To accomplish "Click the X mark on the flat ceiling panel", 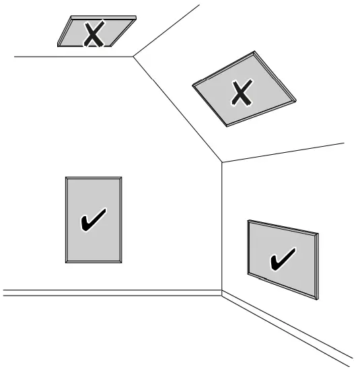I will pyautogui.click(x=93, y=34).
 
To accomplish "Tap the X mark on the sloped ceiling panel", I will pyautogui.click(x=239, y=94).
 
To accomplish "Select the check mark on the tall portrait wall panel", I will pyautogui.click(x=93, y=220).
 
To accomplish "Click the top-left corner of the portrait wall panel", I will pyautogui.click(x=66, y=178).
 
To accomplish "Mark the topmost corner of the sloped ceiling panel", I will pyautogui.click(x=255, y=52).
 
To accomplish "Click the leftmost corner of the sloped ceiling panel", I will pyautogui.click(x=193, y=85).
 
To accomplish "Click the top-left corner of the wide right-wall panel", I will pyautogui.click(x=248, y=220).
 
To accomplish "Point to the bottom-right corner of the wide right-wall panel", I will pyautogui.click(x=318, y=298).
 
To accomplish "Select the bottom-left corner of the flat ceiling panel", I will pyautogui.click(x=58, y=46).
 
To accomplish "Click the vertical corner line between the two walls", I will pyautogui.click(x=222, y=229).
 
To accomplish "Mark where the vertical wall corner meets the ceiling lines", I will pyautogui.click(x=222, y=162).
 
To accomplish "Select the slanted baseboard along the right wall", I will pyautogui.click(x=289, y=329).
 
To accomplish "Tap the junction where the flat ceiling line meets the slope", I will pyautogui.click(x=133, y=57).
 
